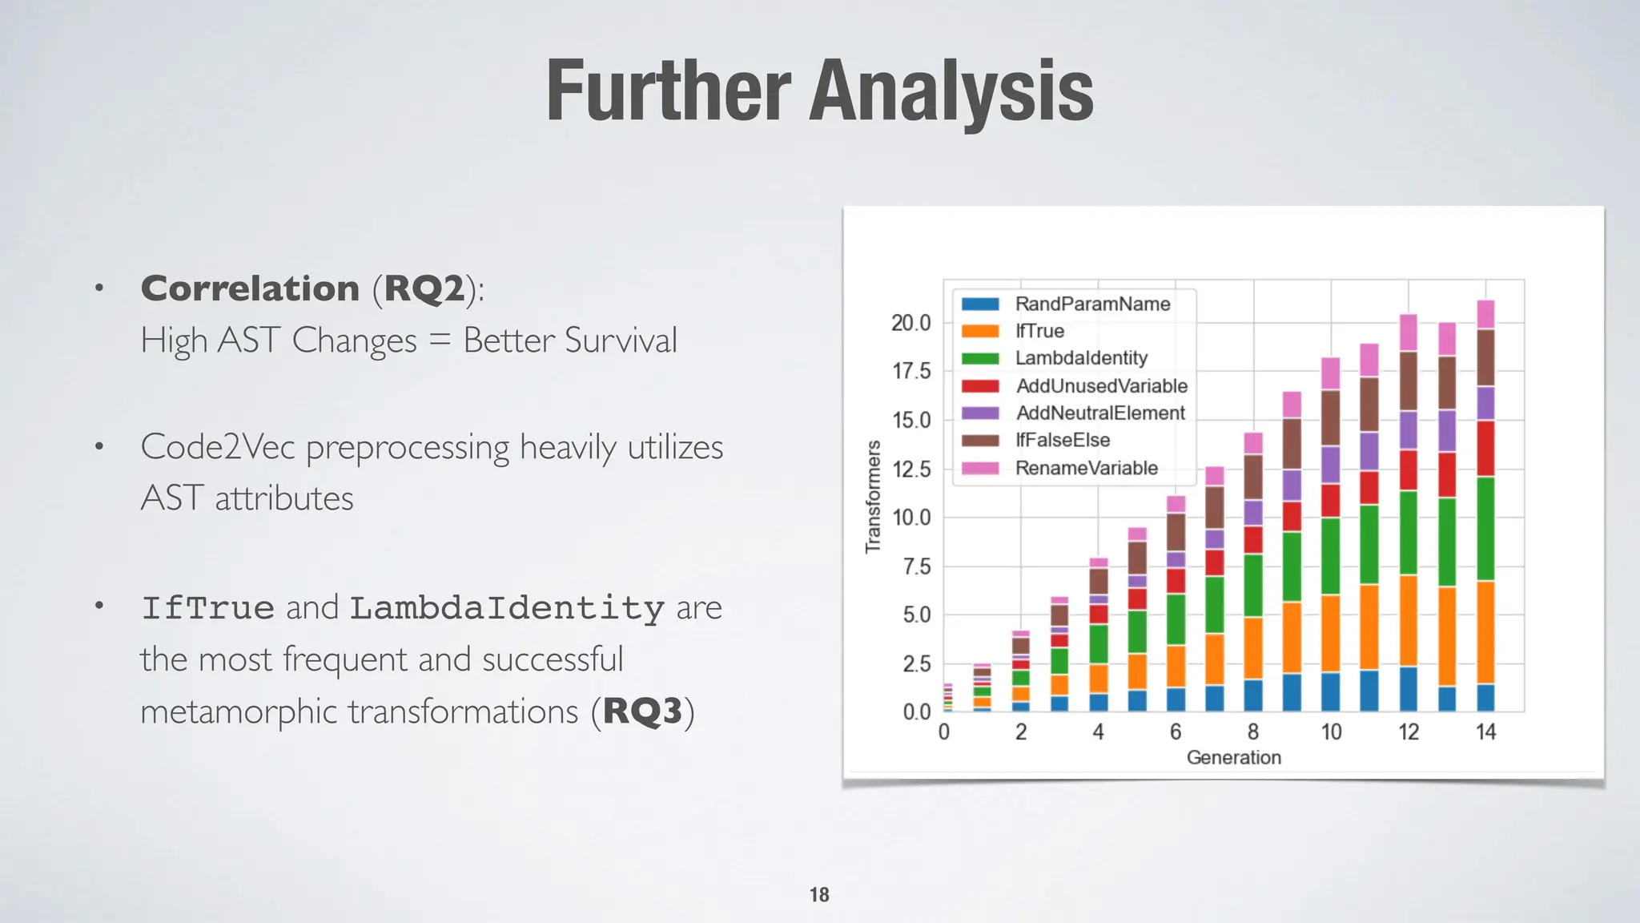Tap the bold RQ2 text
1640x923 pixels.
[x=424, y=288]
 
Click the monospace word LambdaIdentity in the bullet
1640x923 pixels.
[x=507, y=608]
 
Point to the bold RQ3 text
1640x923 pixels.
[x=643, y=711]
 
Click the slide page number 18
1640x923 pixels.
[x=819, y=895]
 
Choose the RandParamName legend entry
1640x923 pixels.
[x=1092, y=304]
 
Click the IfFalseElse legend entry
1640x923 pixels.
[x=1063, y=440]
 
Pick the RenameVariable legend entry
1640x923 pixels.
[x=1086, y=468]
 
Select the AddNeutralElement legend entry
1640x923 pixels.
[x=1100, y=413]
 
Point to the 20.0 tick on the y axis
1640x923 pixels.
[x=911, y=323]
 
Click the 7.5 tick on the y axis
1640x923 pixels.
[x=916, y=566]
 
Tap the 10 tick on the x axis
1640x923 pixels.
[x=1331, y=732]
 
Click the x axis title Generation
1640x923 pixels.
[x=1233, y=757]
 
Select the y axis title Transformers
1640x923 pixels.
[x=873, y=497]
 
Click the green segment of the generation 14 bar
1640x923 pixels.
[x=1485, y=529]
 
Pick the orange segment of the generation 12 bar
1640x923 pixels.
[x=1408, y=621]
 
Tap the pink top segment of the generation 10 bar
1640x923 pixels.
[x=1330, y=373]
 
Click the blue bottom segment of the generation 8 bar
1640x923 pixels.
[x=1253, y=695]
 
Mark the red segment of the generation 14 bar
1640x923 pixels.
[x=1485, y=449]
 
